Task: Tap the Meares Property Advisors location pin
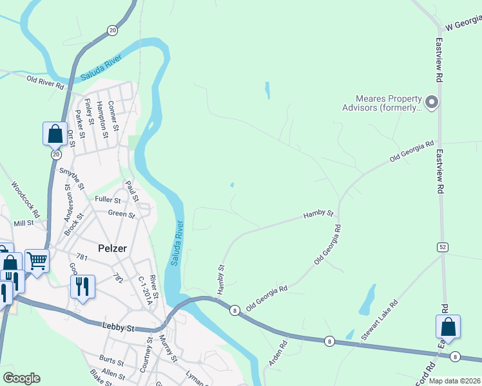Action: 432,102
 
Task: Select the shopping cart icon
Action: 37,261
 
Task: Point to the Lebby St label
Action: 119,327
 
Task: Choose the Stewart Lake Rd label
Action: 379,320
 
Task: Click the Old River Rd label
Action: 45,82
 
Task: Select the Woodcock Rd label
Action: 25,198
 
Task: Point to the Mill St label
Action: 23,223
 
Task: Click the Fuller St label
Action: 108,199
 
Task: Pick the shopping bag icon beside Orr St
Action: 55,134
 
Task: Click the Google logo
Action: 21,378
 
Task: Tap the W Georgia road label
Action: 463,24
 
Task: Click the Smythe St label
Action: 73,179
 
